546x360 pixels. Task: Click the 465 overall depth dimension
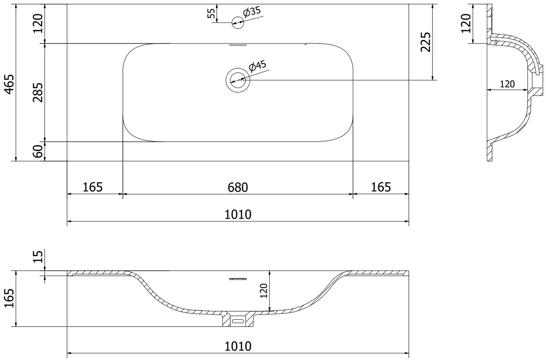coord(10,84)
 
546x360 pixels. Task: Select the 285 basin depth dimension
coord(38,92)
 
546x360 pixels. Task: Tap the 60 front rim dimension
coord(38,152)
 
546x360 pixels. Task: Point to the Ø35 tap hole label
coord(252,12)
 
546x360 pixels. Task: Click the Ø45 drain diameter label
coord(257,66)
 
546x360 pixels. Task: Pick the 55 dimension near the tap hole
coord(211,13)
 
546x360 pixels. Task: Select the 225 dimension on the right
coord(426,42)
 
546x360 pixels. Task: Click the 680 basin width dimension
coord(238,187)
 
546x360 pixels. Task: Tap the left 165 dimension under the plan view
coord(92,187)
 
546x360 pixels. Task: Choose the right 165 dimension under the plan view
coord(381,187)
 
